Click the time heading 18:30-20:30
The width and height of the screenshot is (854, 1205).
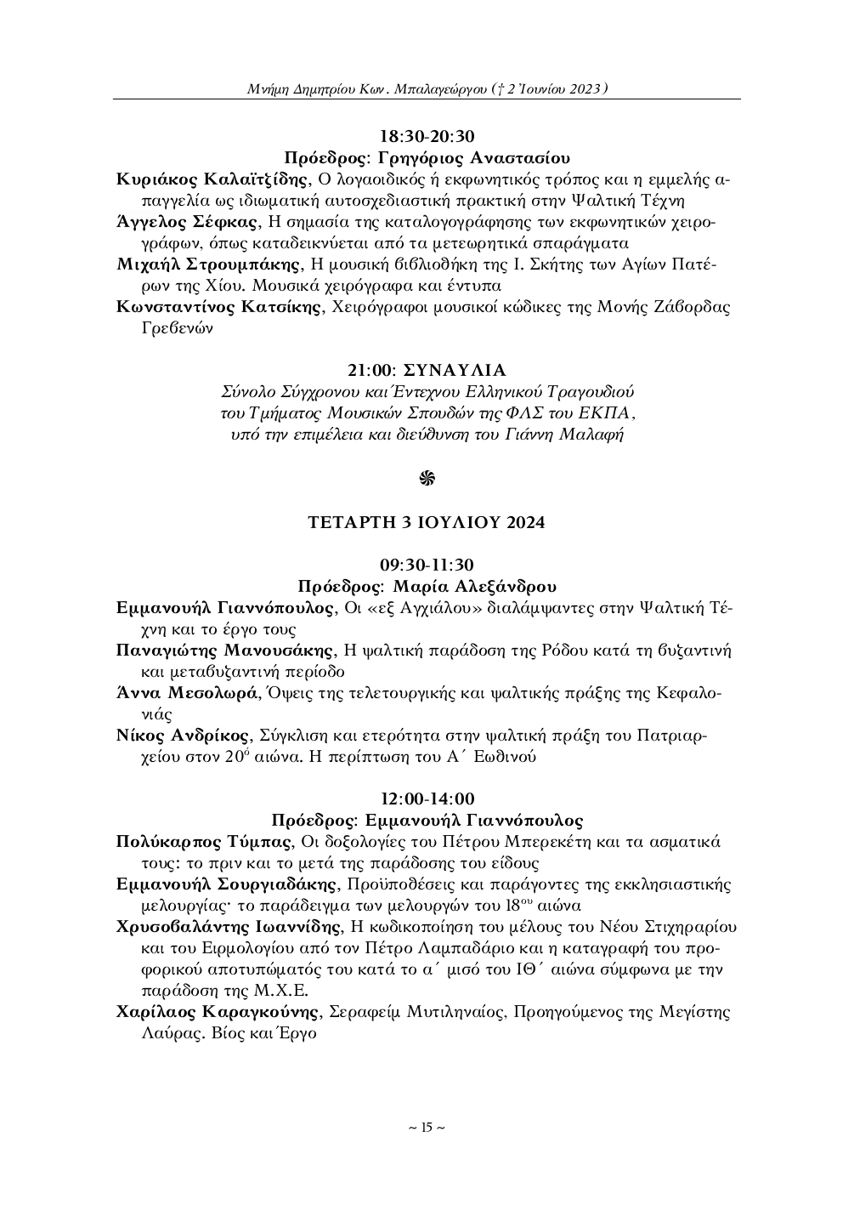(x=427, y=136)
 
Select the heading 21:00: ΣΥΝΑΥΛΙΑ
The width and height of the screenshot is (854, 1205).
(x=427, y=370)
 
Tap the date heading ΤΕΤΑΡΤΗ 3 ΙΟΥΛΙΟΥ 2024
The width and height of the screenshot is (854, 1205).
(x=427, y=522)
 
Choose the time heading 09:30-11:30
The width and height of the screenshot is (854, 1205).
(x=427, y=565)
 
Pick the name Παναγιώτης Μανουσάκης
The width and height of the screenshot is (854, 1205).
(x=224, y=651)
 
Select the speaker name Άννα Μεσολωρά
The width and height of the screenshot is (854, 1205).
(x=186, y=692)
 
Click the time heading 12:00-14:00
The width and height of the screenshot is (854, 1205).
(x=427, y=799)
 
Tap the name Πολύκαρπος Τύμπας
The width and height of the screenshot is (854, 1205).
(x=204, y=842)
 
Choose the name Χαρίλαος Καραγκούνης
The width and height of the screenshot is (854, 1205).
(x=218, y=1012)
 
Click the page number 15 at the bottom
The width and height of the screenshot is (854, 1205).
(x=427, y=1128)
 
